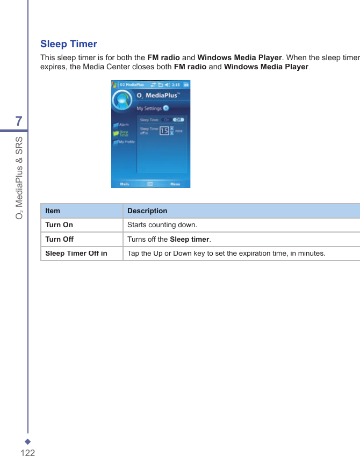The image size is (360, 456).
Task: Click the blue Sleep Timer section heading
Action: pos(69,44)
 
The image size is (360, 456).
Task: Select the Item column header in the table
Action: pos(53,211)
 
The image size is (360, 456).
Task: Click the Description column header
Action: pos(147,211)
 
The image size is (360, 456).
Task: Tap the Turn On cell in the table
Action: pos(59,225)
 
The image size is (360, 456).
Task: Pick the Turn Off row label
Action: pos(59,239)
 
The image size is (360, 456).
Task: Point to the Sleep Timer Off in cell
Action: pos(76,253)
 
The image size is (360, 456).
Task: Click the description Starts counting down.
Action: pos(162,225)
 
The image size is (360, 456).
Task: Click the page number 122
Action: pos(27,452)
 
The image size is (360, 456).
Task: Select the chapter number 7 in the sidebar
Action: pos(19,121)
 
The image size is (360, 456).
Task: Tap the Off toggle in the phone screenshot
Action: pos(179,120)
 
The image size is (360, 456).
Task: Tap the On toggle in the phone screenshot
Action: pos(167,120)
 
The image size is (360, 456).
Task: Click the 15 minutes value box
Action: pos(164,131)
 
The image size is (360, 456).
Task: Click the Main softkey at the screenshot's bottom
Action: pos(124,184)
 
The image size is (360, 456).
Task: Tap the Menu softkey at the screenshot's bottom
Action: pos(175,184)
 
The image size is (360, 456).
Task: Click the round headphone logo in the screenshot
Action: pos(122,100)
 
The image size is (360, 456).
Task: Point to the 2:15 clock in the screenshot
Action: pos(175,84)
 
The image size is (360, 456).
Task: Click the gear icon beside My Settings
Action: pos(166,108)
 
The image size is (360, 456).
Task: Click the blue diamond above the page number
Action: pos(27,442)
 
